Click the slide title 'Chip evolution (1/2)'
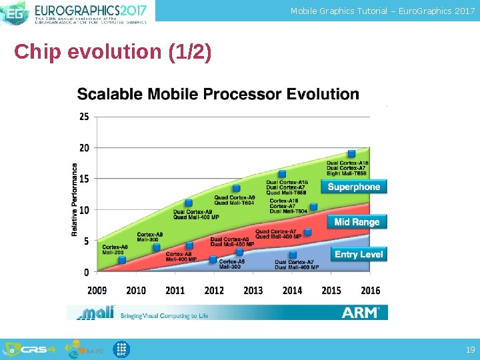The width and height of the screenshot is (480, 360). tap(113, 52)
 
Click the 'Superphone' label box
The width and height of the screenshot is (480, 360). tap(353, 187)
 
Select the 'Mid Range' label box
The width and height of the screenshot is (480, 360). tap(356, 222)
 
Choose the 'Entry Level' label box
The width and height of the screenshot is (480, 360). tap(358, 254)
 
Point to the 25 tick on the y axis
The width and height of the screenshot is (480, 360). tap(84, 117)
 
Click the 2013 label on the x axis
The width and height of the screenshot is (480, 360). tap(253, 290)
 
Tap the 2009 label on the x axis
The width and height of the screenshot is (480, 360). tap(97, 290)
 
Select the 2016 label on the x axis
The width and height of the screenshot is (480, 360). tap(370, 290)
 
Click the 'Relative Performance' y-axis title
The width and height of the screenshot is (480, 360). tap(75, 200)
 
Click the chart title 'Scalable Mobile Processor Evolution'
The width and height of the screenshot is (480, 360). tap(218, 94)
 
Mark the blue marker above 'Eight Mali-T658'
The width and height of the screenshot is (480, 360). tap(351, 154)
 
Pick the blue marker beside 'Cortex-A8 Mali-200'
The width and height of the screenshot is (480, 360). tap(121, 260)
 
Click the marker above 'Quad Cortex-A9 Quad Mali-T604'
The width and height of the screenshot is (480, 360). tap(236, 189)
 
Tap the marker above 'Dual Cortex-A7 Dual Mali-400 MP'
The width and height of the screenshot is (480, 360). tap(293, 255)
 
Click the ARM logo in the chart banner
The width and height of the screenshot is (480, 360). tap(361, 312)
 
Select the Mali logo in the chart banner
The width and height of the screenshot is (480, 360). tap(95, 312)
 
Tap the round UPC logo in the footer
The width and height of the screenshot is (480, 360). tap(121, 349)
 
